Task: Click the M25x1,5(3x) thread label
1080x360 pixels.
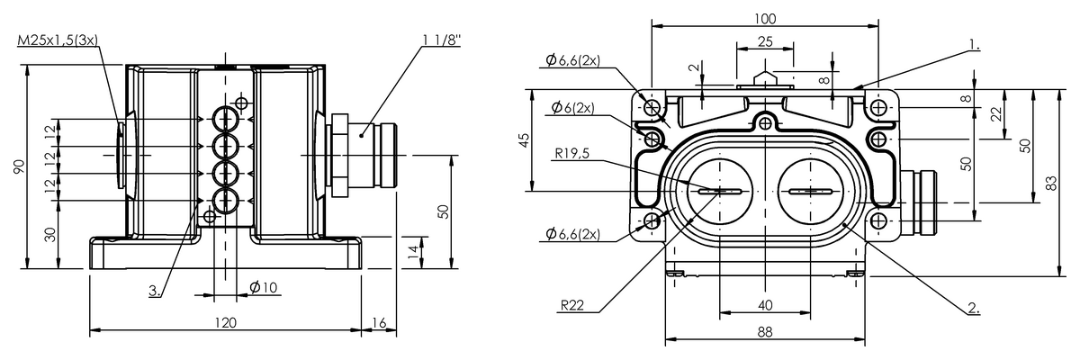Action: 58,40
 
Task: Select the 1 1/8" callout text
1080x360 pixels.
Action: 442,40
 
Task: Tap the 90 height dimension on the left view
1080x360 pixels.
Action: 18,166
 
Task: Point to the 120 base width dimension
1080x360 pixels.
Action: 225,322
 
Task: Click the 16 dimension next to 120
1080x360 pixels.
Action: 380,322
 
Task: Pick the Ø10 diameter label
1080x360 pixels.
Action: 264,288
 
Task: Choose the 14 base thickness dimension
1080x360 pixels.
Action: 413,252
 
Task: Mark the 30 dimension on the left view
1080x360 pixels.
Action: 50,235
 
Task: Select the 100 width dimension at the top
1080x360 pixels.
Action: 765,19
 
